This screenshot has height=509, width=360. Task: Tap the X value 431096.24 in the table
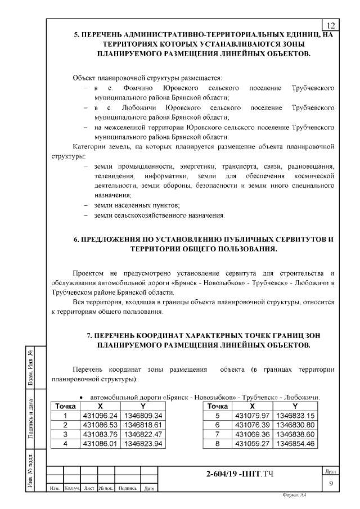pos(99,416)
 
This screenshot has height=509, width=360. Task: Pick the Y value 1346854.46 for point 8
pos(294,444)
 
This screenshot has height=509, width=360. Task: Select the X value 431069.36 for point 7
pos(252,434)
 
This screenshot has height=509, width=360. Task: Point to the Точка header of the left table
pos(65,406)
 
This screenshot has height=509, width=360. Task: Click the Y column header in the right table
pos(294,406)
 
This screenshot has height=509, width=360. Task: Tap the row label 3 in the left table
pos(65,434)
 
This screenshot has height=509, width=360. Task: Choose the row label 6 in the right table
pos(218,425)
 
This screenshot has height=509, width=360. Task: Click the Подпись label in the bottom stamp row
pos(128,489)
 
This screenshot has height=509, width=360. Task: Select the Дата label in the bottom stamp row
pos(149,489)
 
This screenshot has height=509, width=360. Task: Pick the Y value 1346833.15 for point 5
pos(294,416)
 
